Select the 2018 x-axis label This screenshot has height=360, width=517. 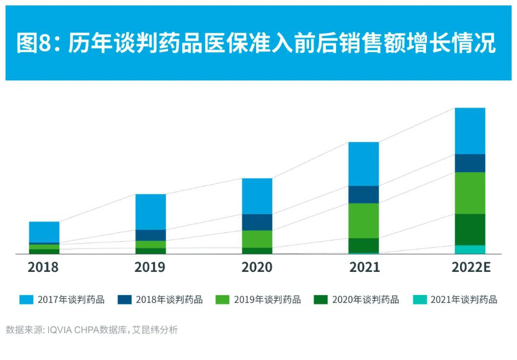[43, 267]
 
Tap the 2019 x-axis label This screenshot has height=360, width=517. [150, 267]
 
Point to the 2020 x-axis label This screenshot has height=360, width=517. [257, 267]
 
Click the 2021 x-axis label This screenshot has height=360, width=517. [364, 267]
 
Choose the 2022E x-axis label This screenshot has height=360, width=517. [471, 267]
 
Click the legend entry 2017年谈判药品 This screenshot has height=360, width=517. [62, 300]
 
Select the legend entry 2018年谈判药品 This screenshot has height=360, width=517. [160, 300]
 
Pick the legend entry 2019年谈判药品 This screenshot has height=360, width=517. [258, 300]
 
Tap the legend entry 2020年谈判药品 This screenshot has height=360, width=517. [356, 300]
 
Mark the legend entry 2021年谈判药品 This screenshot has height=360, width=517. [455, 300]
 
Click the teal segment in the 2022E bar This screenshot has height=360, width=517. [470, 249]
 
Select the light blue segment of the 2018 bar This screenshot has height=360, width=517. [44, 232]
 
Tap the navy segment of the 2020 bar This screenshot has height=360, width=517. [257, 222]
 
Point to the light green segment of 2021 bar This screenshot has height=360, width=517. [363, 221]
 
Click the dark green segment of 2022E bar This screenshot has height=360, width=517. [470, 229]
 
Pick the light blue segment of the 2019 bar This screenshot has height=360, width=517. [151, 212]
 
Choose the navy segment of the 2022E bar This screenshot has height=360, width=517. [470, 163]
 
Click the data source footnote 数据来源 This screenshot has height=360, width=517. [91, 330]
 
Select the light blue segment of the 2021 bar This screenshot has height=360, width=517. [363, 164]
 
